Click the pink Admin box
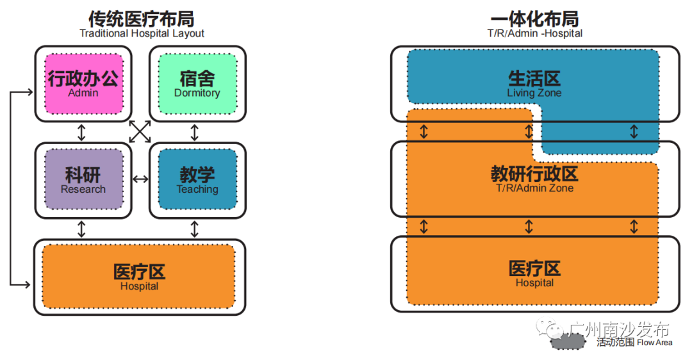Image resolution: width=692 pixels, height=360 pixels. (x=83, y=83)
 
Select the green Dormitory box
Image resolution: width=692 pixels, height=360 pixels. (x=197, y=83)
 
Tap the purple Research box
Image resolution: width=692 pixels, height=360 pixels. (x=83, y=179)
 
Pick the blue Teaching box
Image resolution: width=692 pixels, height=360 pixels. (x=197, y=179)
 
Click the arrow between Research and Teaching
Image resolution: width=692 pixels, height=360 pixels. (x=140, y=179)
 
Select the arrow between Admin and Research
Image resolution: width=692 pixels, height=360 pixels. (x=81, y=132)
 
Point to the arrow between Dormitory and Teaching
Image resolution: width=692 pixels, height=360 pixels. (x=195, y=132)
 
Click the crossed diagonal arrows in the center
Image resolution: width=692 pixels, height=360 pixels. (x=140, y=131)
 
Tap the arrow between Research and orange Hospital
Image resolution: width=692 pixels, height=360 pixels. (x=81, y=229)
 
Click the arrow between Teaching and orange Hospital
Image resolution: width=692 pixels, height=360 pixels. (x=195, y=229)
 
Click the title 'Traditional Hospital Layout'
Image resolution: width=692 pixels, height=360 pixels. (x=142, y=33)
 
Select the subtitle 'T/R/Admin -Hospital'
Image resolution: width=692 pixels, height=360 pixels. (x=535, y=33)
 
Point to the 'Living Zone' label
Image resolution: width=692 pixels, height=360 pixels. (x=534, y=93)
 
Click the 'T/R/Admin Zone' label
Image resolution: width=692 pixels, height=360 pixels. (x=534, y=188)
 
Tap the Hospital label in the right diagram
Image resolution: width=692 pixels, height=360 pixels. (x=534, y=282)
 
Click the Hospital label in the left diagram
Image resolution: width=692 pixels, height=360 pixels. (x=139, y=286)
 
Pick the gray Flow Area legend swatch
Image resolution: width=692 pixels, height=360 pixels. (x=568, y=342)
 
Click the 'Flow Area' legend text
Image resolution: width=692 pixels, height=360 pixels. (x=654, y=343)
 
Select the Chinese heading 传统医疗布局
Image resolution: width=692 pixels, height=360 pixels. (x=142, y=18)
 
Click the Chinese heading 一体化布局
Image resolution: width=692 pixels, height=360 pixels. (x=535, y=18)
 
